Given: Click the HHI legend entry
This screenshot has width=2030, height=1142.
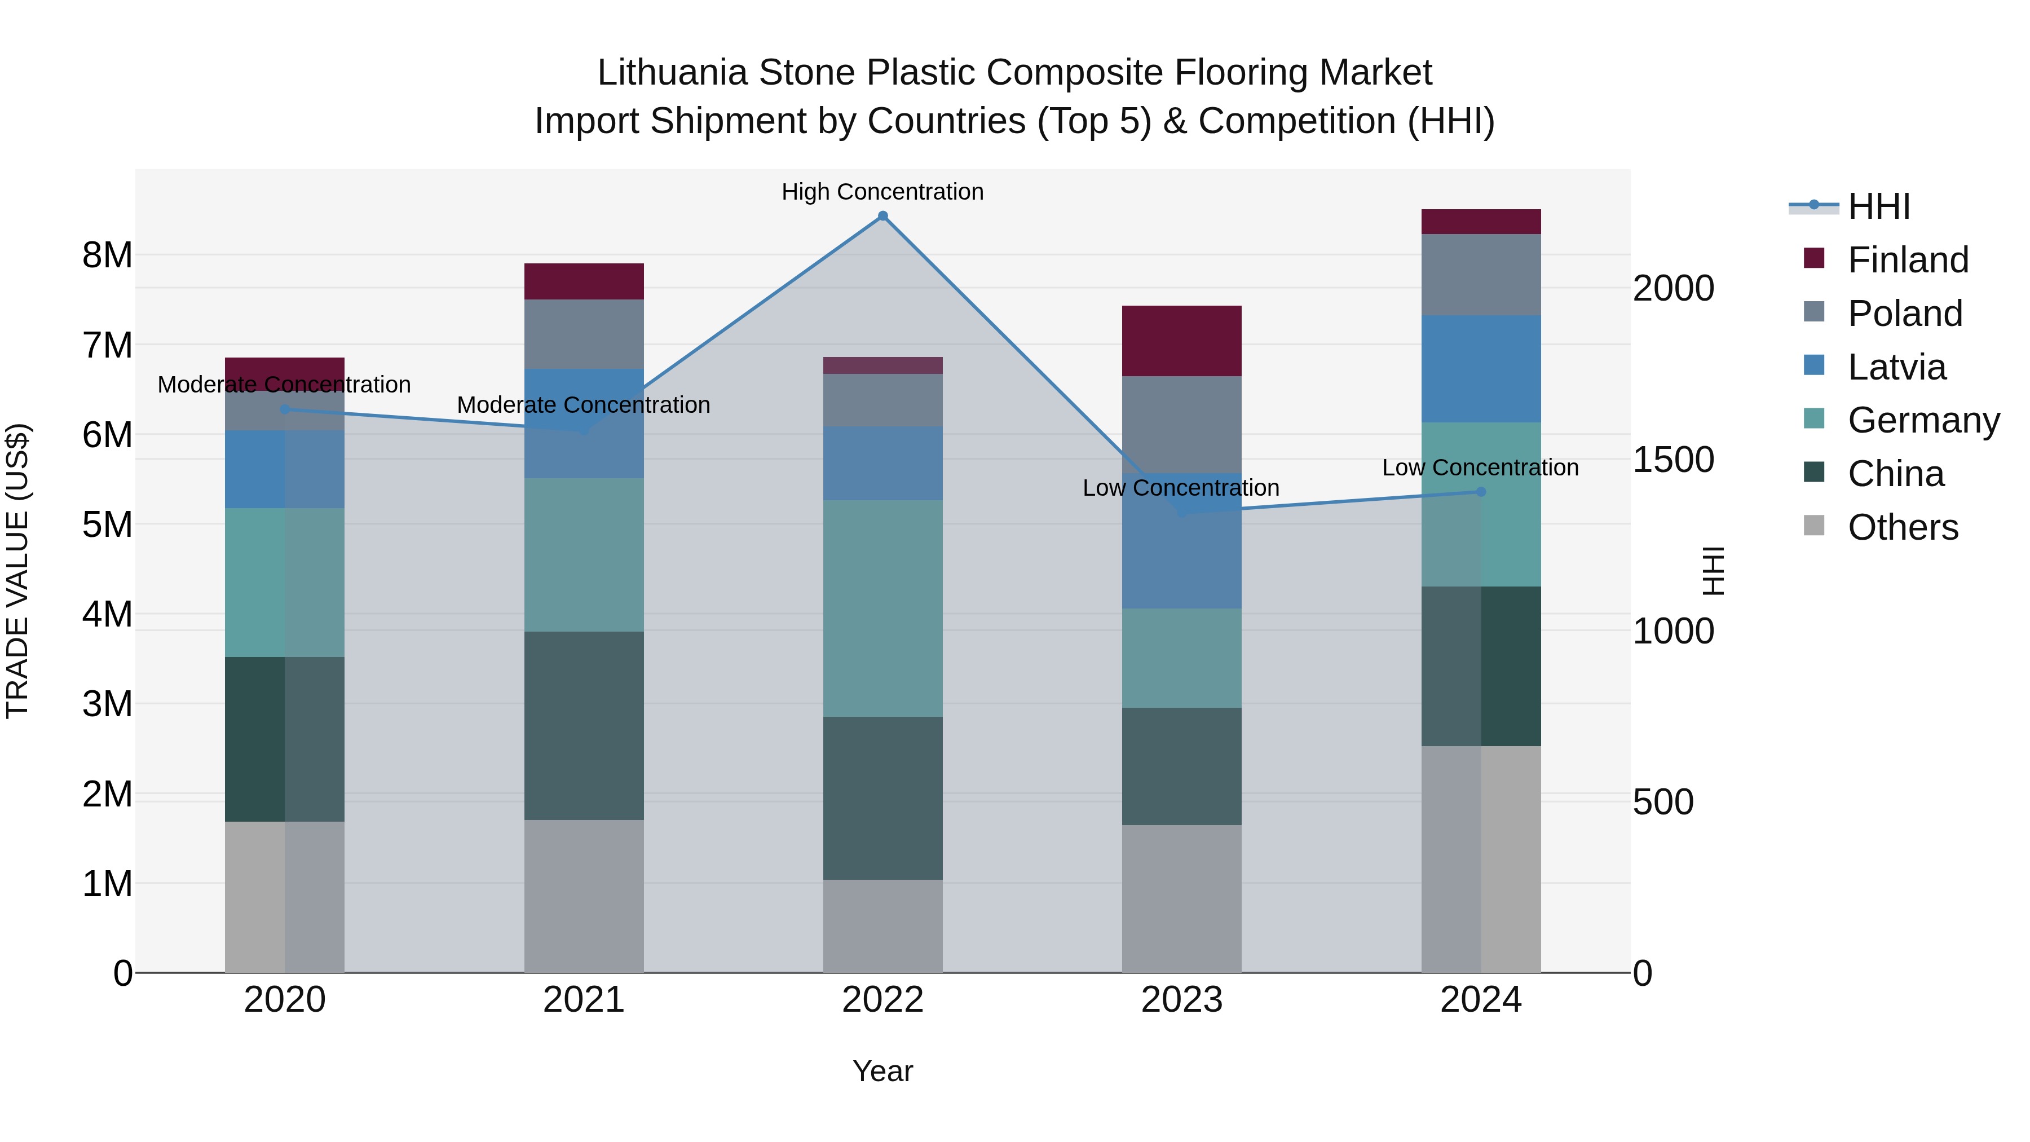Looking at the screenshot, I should pyautogui.click(x=1879, y=206).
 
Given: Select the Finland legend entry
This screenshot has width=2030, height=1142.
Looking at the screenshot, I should pyautogui.click(x=1907, y=260).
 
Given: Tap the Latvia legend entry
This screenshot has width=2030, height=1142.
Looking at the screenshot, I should pyautogui.click(x=1896, y=367).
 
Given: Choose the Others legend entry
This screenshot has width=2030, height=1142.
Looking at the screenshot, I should pyautogui.click(x=1903, y=527).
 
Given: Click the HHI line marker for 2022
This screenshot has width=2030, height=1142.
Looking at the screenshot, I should pyautogui.click(x=882, y=216).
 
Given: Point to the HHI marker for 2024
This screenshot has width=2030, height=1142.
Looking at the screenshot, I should pyautogui.click(x=1481, y=492).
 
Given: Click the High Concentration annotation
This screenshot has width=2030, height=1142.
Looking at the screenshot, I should pyautogui.click(x=882, y=192).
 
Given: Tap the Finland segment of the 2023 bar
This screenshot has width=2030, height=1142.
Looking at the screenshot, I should pyautogui.click(x=1181, y=341).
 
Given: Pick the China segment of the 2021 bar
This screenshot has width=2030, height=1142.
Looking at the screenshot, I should pyautogui.click(x=584, y=725).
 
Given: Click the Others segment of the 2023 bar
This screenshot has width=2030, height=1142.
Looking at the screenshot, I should pyautogui.click(x=1181, y=898).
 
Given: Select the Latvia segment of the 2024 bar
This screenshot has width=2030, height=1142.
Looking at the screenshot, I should pyautogui.click(x=1481, y=369).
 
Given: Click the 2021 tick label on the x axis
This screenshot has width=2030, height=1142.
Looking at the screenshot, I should pyautogui.click(x=584, y=1000).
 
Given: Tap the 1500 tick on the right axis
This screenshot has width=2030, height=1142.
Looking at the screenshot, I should pyautogui.click(x=1673, y=460).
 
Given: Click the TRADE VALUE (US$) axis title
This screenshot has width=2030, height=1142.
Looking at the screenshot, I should pyautogui.click(x=17, y=571).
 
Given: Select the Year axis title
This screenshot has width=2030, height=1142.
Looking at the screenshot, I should pyautogui.click(x=882, y=1071).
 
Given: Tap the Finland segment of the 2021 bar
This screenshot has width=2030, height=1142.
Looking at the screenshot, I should pyautogui.click(x=584, y=281).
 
